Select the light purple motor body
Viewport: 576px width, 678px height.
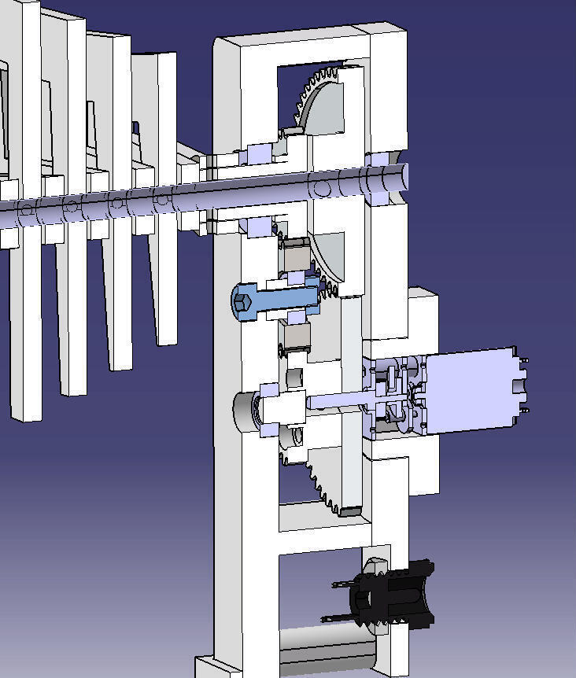point(468,392)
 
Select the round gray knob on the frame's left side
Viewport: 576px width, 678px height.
point(245,411)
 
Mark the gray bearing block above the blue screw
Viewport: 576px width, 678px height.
point(296,255)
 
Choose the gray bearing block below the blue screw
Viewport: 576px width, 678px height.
point(296,338)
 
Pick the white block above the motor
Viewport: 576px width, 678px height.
point(421,315)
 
